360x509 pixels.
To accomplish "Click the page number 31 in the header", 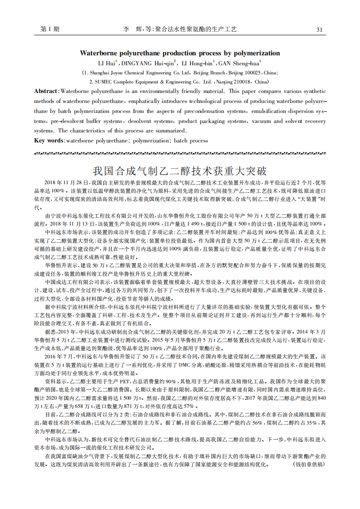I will tap(319, 29).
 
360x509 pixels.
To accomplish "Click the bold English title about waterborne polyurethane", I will tap(180, 53).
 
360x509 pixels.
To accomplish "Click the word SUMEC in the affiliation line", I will tap(105, 82).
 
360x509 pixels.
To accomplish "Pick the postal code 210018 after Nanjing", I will tap(242, 82).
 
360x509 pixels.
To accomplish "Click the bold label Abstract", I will tap(46, 91).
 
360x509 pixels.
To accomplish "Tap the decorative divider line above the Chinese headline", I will tap(180, 153).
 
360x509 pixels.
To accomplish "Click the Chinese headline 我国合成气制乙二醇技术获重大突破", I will tap(180, 171).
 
